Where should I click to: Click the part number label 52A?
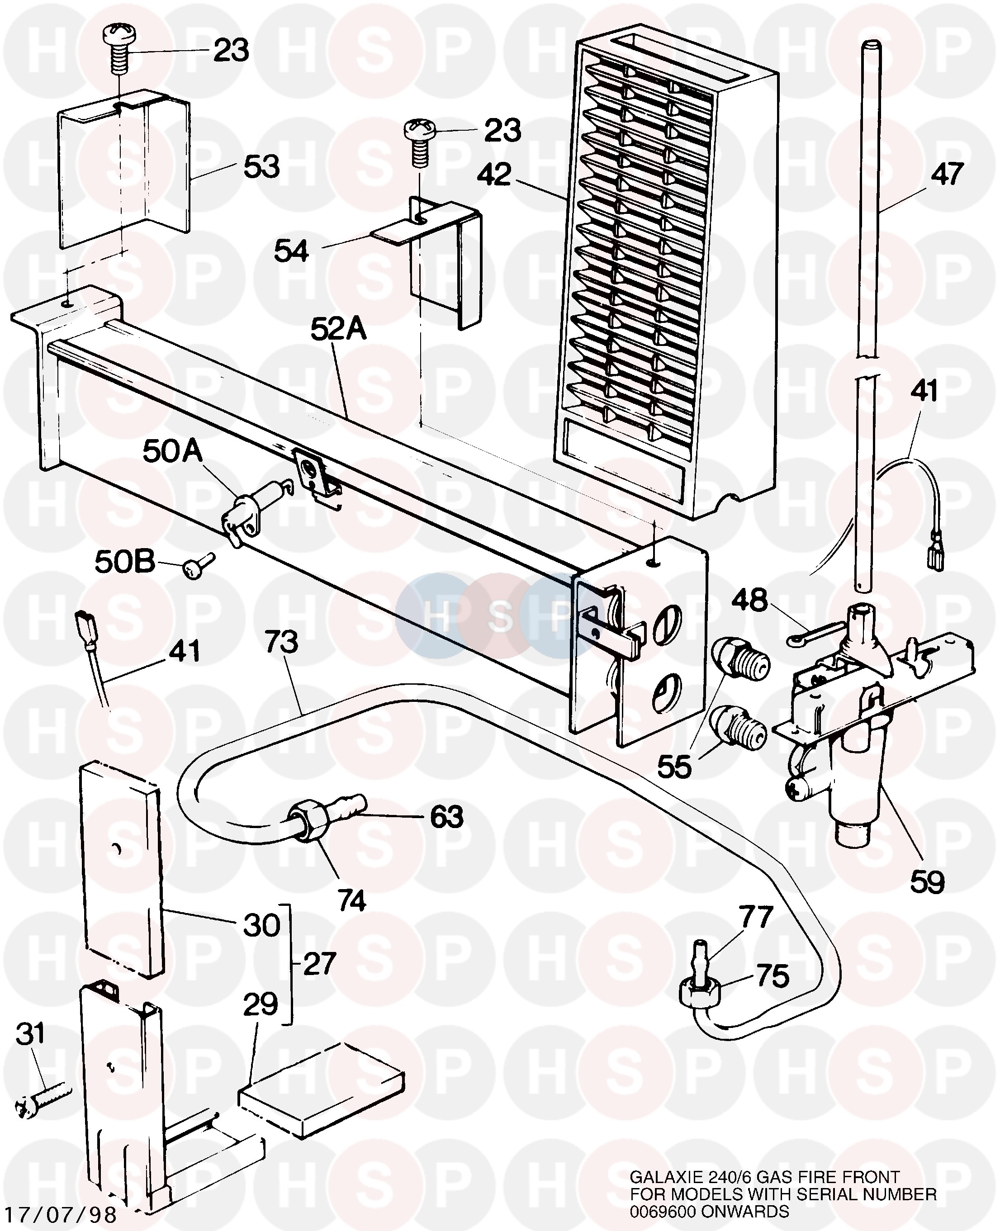338,330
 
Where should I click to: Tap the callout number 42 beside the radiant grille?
494,174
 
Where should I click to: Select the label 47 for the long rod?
948,174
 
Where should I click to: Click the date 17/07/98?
60,1214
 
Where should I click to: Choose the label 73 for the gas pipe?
281,642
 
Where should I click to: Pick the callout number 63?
446,816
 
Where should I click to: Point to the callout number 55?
674,766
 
